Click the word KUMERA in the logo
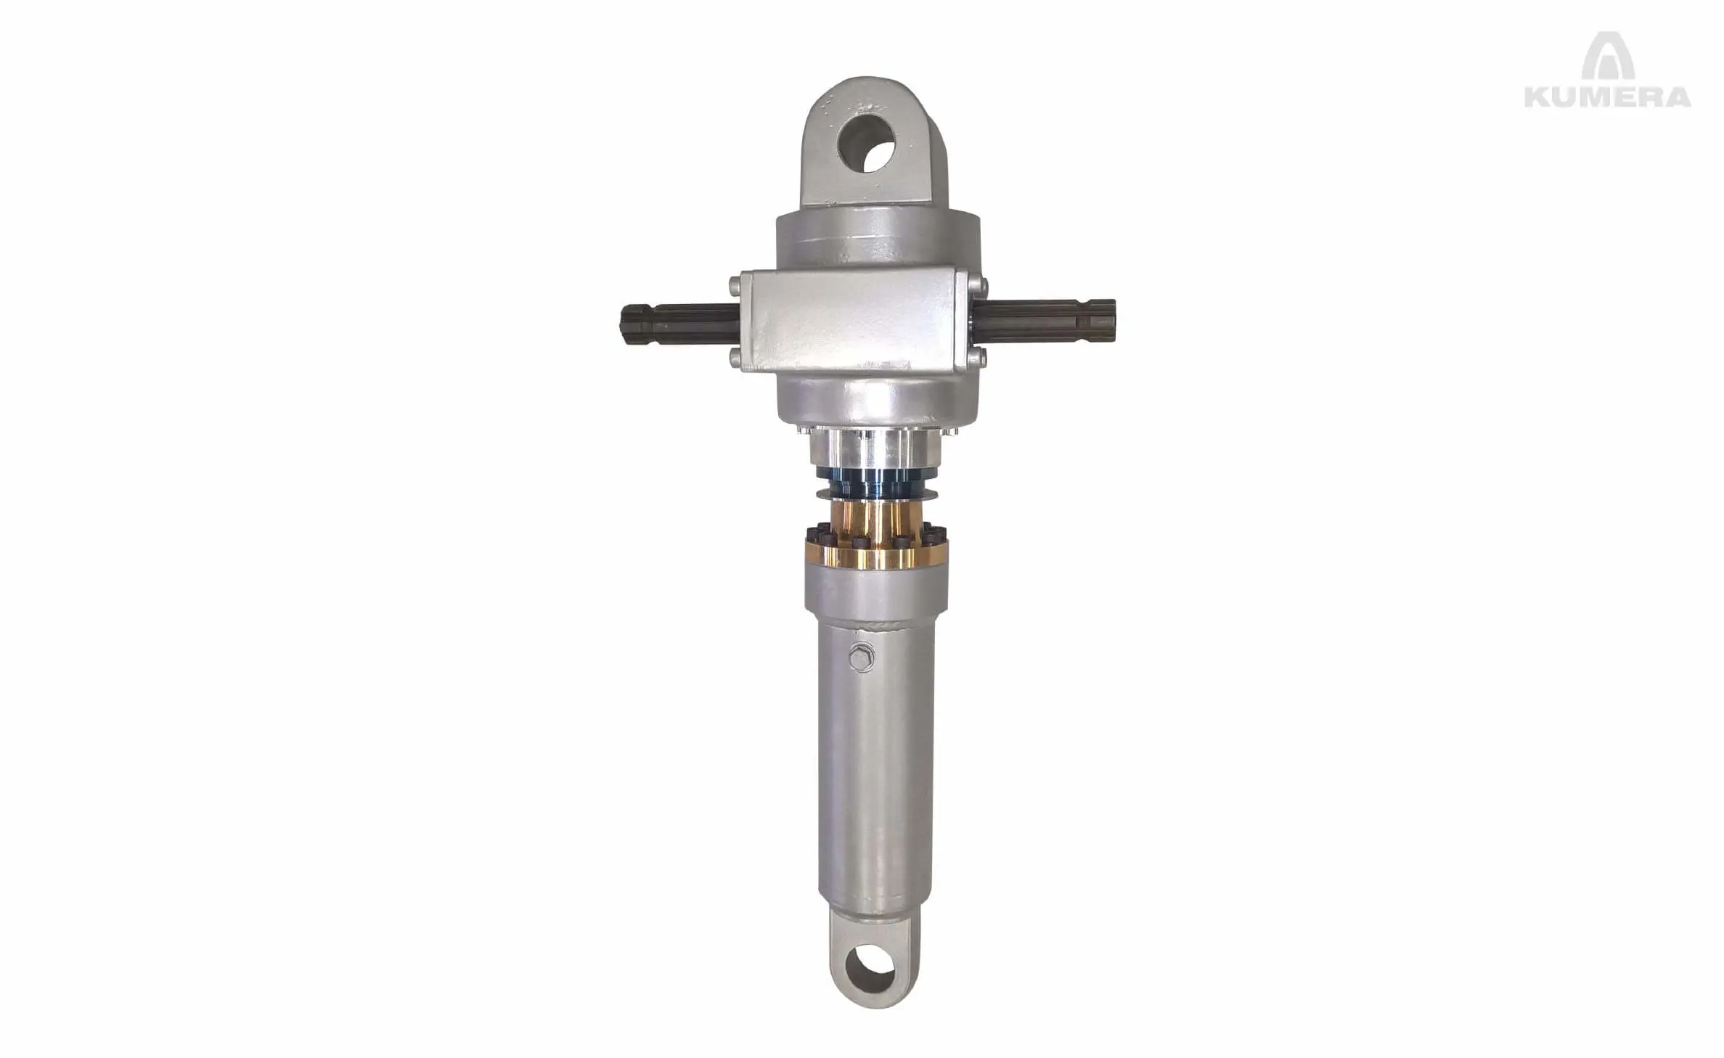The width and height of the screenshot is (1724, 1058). pos(1607,96)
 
